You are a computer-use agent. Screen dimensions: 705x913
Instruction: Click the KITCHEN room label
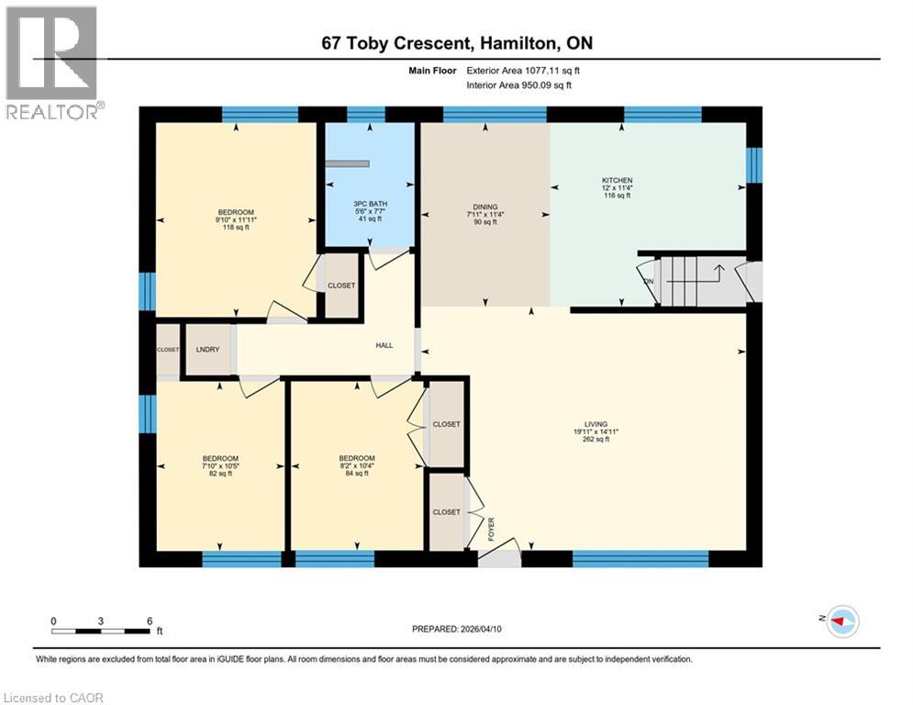pos(617,181)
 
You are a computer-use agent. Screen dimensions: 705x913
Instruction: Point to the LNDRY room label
pos(206,350)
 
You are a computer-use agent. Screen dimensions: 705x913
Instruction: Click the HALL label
pos(384,345)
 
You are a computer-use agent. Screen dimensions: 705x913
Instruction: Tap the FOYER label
pos(491,529)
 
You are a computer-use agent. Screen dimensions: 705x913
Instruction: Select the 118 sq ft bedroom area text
pos(235,228)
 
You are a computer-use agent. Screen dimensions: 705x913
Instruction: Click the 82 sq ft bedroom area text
pos(220,474)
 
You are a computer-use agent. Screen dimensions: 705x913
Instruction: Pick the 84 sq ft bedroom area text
pos(356,474)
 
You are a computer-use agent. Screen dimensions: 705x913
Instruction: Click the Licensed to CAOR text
pos(53,698)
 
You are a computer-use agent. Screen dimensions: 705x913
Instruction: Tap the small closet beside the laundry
pos(168,351)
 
